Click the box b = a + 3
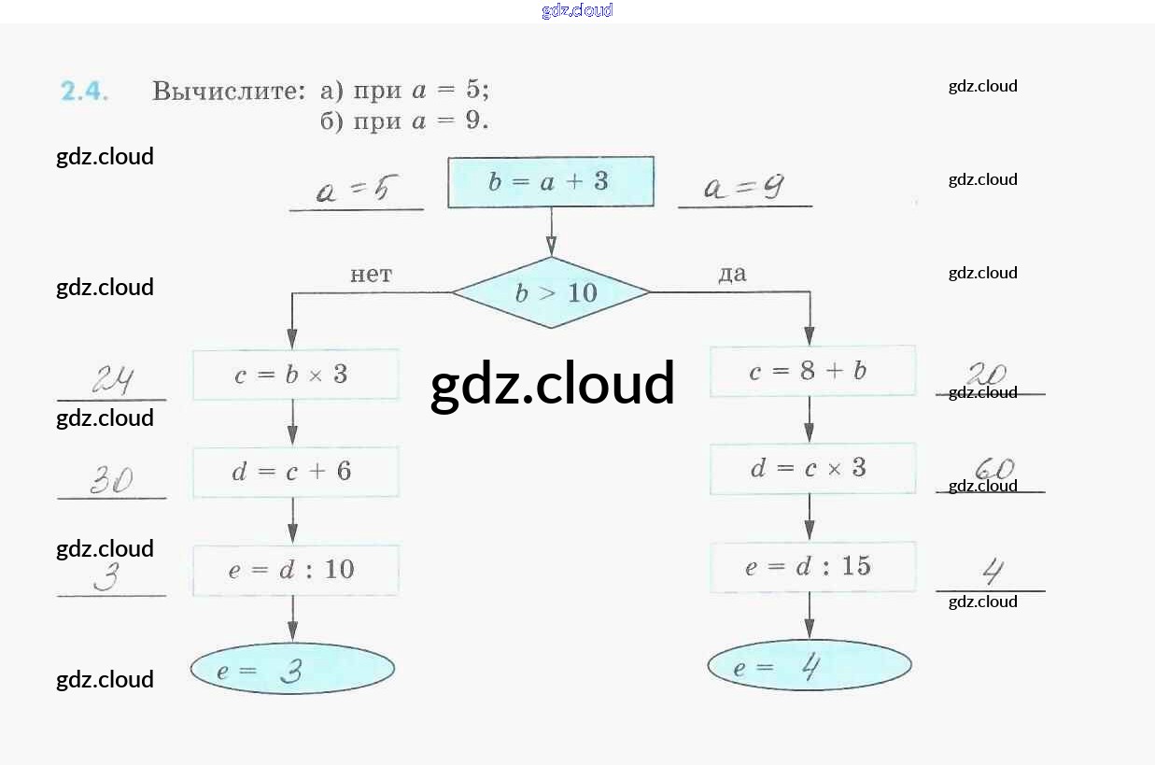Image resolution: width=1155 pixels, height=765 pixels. pyautogui.click(x=550, y=182)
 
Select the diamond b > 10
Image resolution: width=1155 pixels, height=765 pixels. pyautogui.click(x=551, y=292)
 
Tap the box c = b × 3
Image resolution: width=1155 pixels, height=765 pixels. pyautogui.click(x=295, y=375)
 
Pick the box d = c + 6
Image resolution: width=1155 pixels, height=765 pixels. pyautogui.click(x=295, y=472)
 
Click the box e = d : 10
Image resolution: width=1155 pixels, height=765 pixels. pyautogui.click(x=295, y=570)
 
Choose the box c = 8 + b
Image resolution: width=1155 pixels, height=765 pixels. pyautogui.click(x=811, y=371)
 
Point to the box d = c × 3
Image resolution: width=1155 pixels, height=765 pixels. pyautogui.click(x=811, y=468)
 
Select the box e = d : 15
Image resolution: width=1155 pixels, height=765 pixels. pyautogui.click(x=811, y=566)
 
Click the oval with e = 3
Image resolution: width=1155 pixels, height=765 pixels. pyautogui.click(x=292, y=669)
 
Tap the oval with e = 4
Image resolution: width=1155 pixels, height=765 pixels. pyautogui.click(x=809, y=667)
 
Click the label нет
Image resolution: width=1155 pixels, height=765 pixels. pyautogui.click(x=371, y=275)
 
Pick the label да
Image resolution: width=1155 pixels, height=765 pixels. pyautogui.click(x=732, y=274)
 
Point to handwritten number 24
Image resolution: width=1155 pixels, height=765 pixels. pyautogui.click(x=113, y=380)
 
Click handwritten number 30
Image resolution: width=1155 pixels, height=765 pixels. pyautogui.click(x=111, y=480)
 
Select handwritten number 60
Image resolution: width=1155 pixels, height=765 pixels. pyautogui.click(x=993, y=468)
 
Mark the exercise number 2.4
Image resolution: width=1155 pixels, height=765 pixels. pyautogui.click(x=84, y=92)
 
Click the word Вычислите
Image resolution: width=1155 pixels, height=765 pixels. pyautogui.click(x=229, y=92)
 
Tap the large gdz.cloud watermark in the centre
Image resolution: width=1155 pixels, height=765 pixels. pyautogui.click(x=552, y=384)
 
